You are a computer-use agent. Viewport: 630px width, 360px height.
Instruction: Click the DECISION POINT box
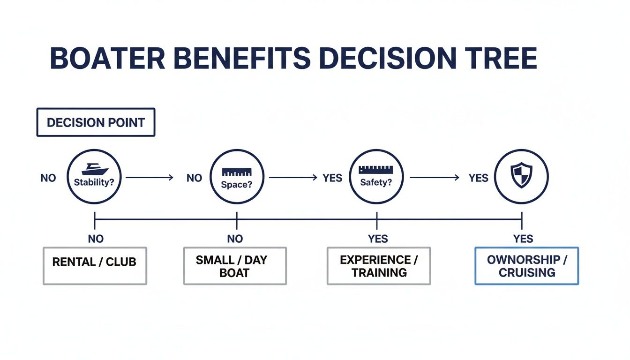pyautogui.click(x=96, y=122)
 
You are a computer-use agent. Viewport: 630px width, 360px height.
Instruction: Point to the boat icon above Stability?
pyautogui.click(x=95, y=169)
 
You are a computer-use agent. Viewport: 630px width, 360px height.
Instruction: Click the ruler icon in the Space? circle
pyautogui.click(x=237, y=172)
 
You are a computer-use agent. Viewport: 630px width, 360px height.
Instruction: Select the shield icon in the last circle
pyautogui.click(x=521, y=176)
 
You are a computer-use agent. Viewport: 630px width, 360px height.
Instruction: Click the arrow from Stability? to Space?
pyautogui.click(x=150, y=178)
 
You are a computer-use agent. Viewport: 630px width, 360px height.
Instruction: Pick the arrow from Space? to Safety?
pyautogui.click(x=293, y=178)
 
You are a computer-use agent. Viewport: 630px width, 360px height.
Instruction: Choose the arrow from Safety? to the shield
pyautogui.click(x=435, y=178)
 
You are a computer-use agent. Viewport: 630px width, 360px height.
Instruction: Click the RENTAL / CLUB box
pyautogui.click(x=95, y=265)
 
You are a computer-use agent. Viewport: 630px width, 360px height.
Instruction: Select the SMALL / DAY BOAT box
pyautogui.click(x=235, y=265)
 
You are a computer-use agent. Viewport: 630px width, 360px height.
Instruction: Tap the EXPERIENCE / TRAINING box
pyautogui.click(x=378, y=265)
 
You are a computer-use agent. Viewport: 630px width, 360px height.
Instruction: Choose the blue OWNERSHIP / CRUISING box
pyautogui.click(x=527, y=265)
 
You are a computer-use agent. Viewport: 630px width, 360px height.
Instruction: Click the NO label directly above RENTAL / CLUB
pyautogui.click(x=96, y=239)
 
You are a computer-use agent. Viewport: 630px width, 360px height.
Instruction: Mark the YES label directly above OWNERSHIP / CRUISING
pyautogui.click(x=523, y=239)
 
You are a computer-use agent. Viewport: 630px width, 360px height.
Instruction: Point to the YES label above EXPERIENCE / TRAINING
pyautogui.click(x=378, y=239)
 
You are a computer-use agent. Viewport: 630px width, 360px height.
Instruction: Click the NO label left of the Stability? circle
pyautogui.click(x=48, y=178)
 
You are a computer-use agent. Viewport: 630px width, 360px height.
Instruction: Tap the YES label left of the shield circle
pyautogui.click(x=478, y=178)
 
